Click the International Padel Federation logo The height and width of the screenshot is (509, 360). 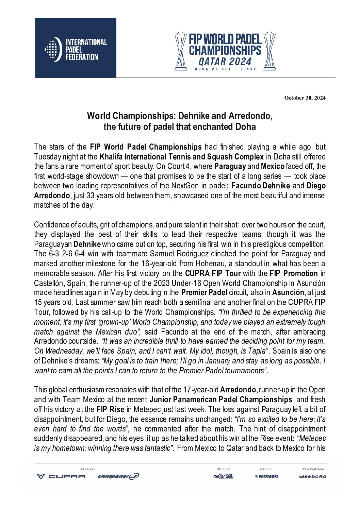[76, 48]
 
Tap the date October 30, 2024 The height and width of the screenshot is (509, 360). [305, 98]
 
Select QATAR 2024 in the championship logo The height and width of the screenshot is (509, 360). [225, 62]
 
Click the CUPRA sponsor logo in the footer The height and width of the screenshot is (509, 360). [61, 476]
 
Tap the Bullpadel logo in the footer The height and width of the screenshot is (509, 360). [118, 476]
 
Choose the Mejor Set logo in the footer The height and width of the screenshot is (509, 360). [223, 476]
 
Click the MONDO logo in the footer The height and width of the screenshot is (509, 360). [266, 476]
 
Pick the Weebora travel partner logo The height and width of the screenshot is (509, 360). [312, 476]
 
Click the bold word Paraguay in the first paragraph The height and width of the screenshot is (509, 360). [230, 167]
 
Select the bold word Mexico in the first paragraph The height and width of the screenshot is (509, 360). [273, 167]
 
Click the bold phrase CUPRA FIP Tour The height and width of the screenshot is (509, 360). [213, 273]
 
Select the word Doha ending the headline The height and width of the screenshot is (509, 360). [246, 127]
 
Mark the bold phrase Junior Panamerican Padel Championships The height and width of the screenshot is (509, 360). [221, 400]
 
